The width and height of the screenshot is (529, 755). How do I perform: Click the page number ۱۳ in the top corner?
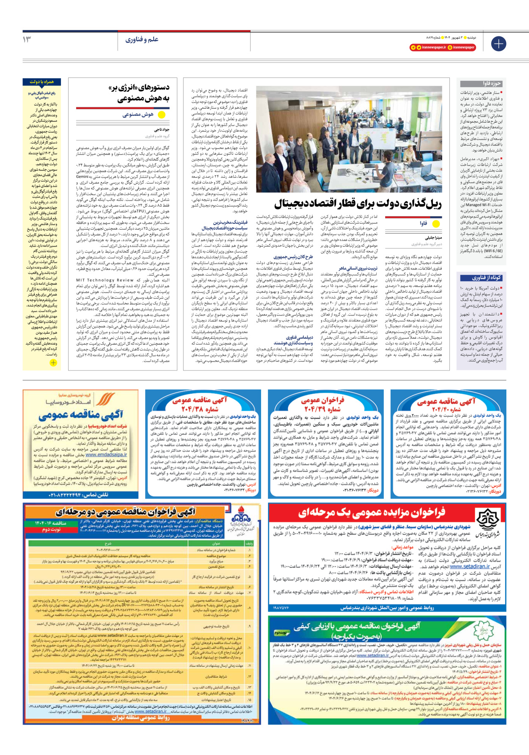[27, 39]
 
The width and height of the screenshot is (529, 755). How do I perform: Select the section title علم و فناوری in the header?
[142, 39]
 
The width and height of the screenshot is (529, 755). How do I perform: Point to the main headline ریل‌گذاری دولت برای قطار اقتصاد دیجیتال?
[358, 204]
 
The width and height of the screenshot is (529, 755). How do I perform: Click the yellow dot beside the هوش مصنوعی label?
[161, 115]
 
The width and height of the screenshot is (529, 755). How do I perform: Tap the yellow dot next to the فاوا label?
[436, 223]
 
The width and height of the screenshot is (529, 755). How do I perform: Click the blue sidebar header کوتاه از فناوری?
[487, 277]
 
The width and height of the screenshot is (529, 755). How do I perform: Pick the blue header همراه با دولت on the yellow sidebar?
[42, 82]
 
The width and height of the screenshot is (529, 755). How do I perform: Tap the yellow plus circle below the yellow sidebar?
[53, 362]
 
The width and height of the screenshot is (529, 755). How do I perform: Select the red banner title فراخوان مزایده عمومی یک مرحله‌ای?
[372, 513]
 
